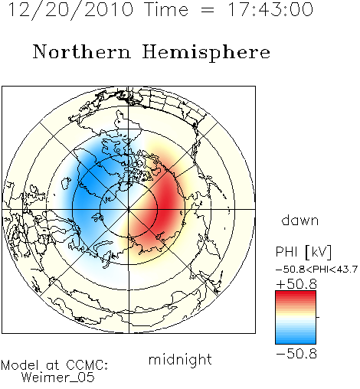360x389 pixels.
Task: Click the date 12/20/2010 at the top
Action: tap(70, 9)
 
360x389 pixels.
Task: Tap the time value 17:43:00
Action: tap(270, 9)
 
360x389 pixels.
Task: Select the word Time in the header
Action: tap(166, 9)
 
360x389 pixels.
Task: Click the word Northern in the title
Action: tap(81, 52)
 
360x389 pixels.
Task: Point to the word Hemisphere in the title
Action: tap(206, 53)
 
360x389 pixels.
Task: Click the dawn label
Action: tap(300, 220)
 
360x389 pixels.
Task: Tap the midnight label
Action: tap(180, 359)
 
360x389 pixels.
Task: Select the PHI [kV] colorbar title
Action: tap(303, 252)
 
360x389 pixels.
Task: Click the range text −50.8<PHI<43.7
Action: tap(316, 270)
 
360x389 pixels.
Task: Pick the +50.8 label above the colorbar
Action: tap(296, 284)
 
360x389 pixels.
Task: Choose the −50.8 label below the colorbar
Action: tap(296, 354)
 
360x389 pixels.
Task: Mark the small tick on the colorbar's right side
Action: tap(318, 317)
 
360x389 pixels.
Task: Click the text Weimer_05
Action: tap(58, 378)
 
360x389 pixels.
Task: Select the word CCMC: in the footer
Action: tap(87, 365)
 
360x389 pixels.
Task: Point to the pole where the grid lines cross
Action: tap(129, 209)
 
